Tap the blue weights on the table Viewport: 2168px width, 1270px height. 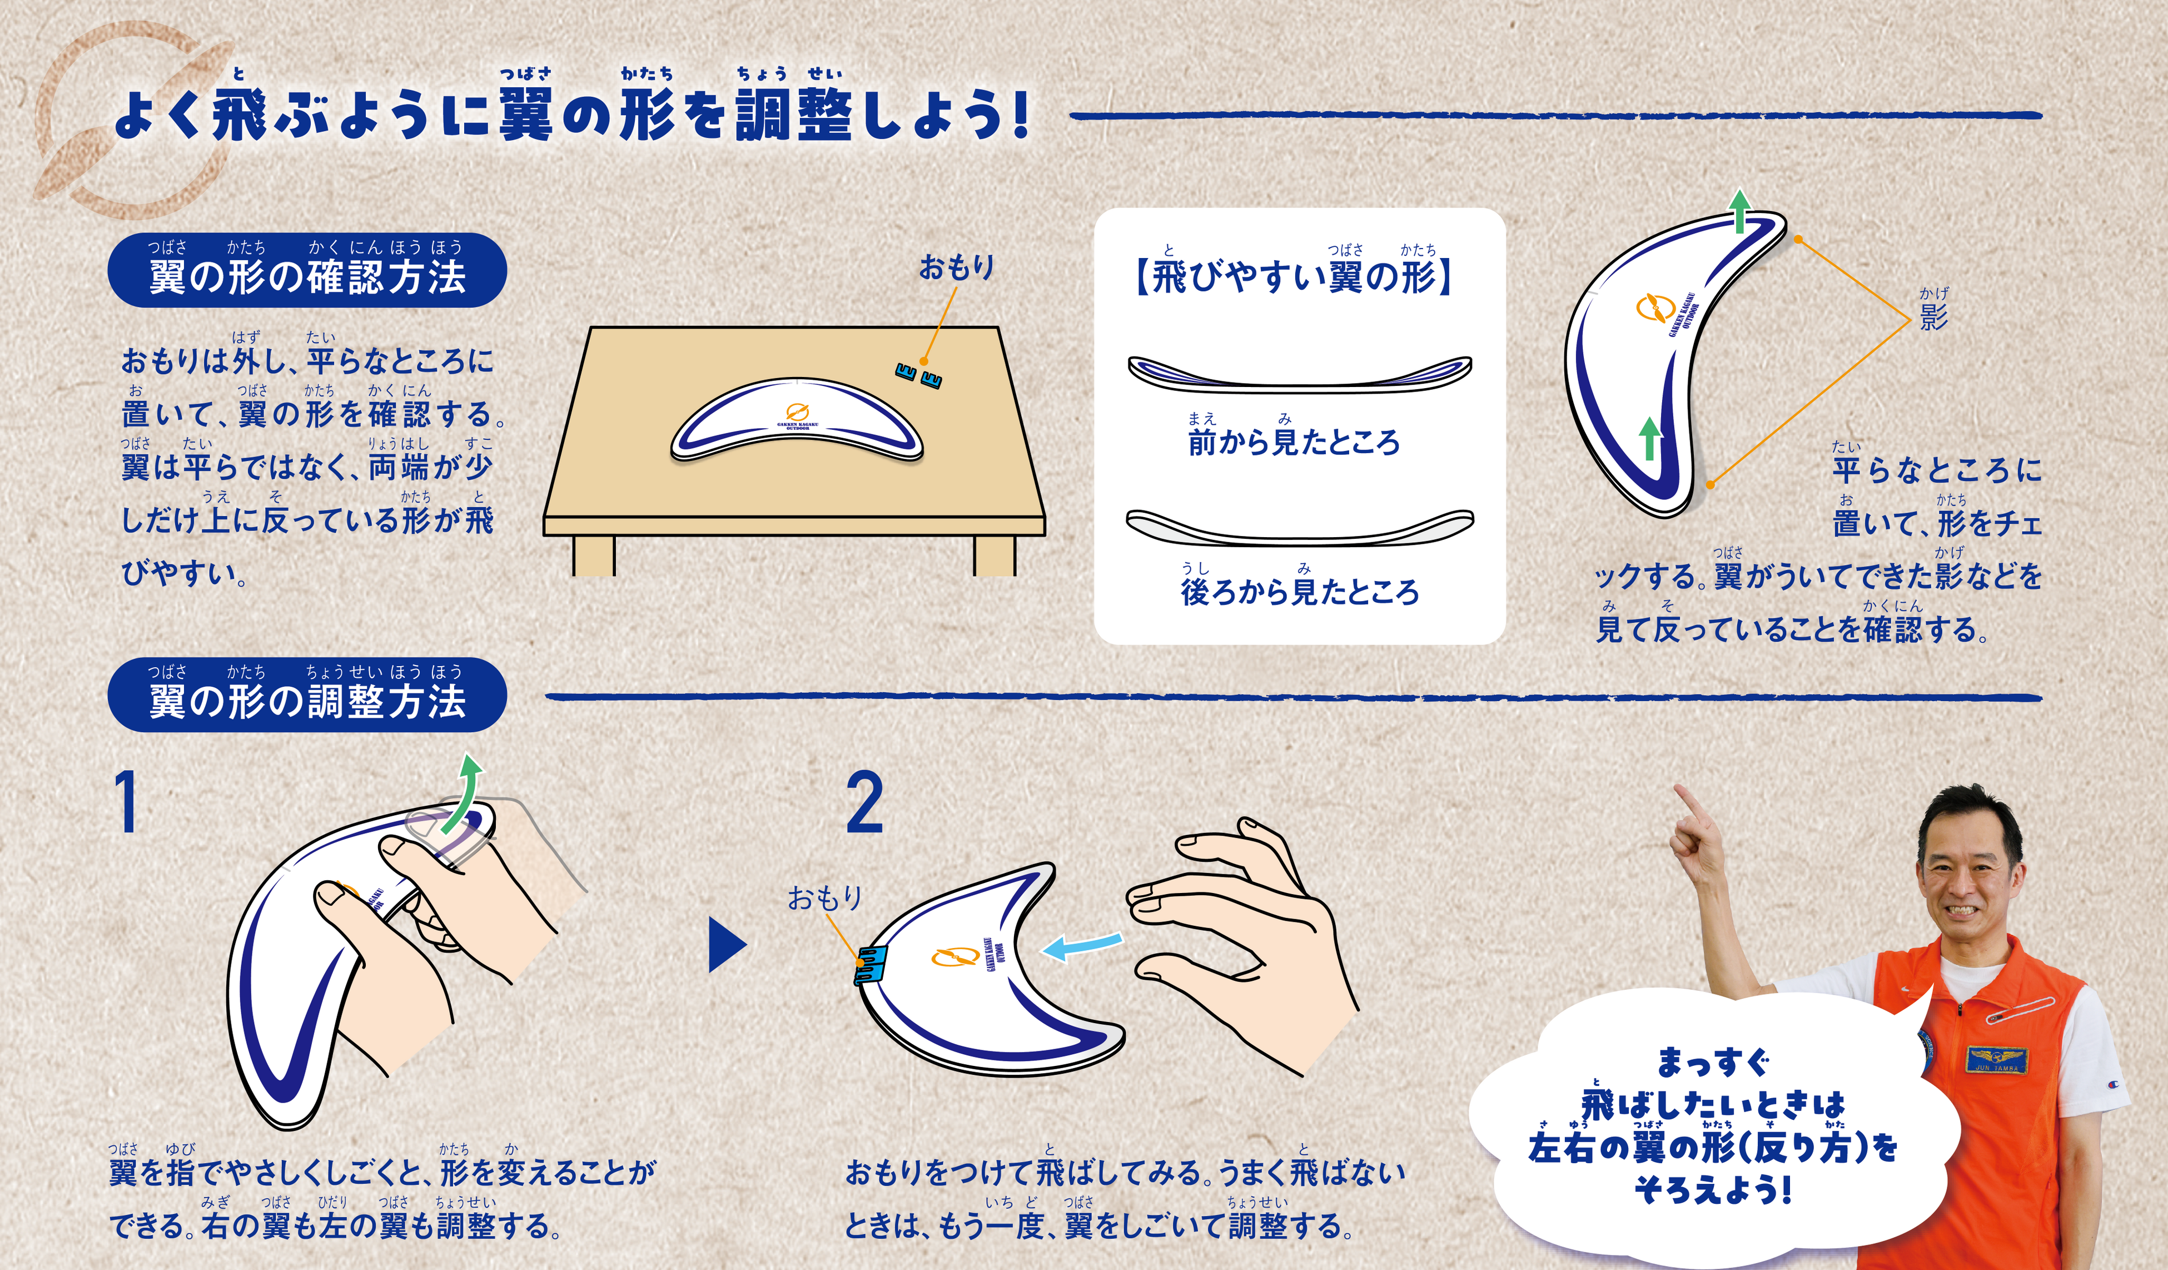coord(918,375)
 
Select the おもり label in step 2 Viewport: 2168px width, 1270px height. coord(824,899)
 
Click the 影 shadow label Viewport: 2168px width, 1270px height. coord(1934,316)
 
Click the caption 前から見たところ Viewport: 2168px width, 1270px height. coord(1294,442)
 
